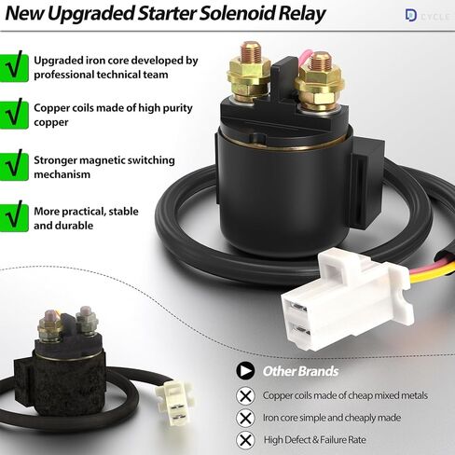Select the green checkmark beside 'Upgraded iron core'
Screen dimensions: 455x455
(13, 67)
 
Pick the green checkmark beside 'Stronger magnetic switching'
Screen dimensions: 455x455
(13, 164)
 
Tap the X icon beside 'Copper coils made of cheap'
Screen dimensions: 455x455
(246, 395)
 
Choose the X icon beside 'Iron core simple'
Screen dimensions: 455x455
(246, 417)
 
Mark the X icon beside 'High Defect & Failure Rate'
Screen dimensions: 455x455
(246, 438)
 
